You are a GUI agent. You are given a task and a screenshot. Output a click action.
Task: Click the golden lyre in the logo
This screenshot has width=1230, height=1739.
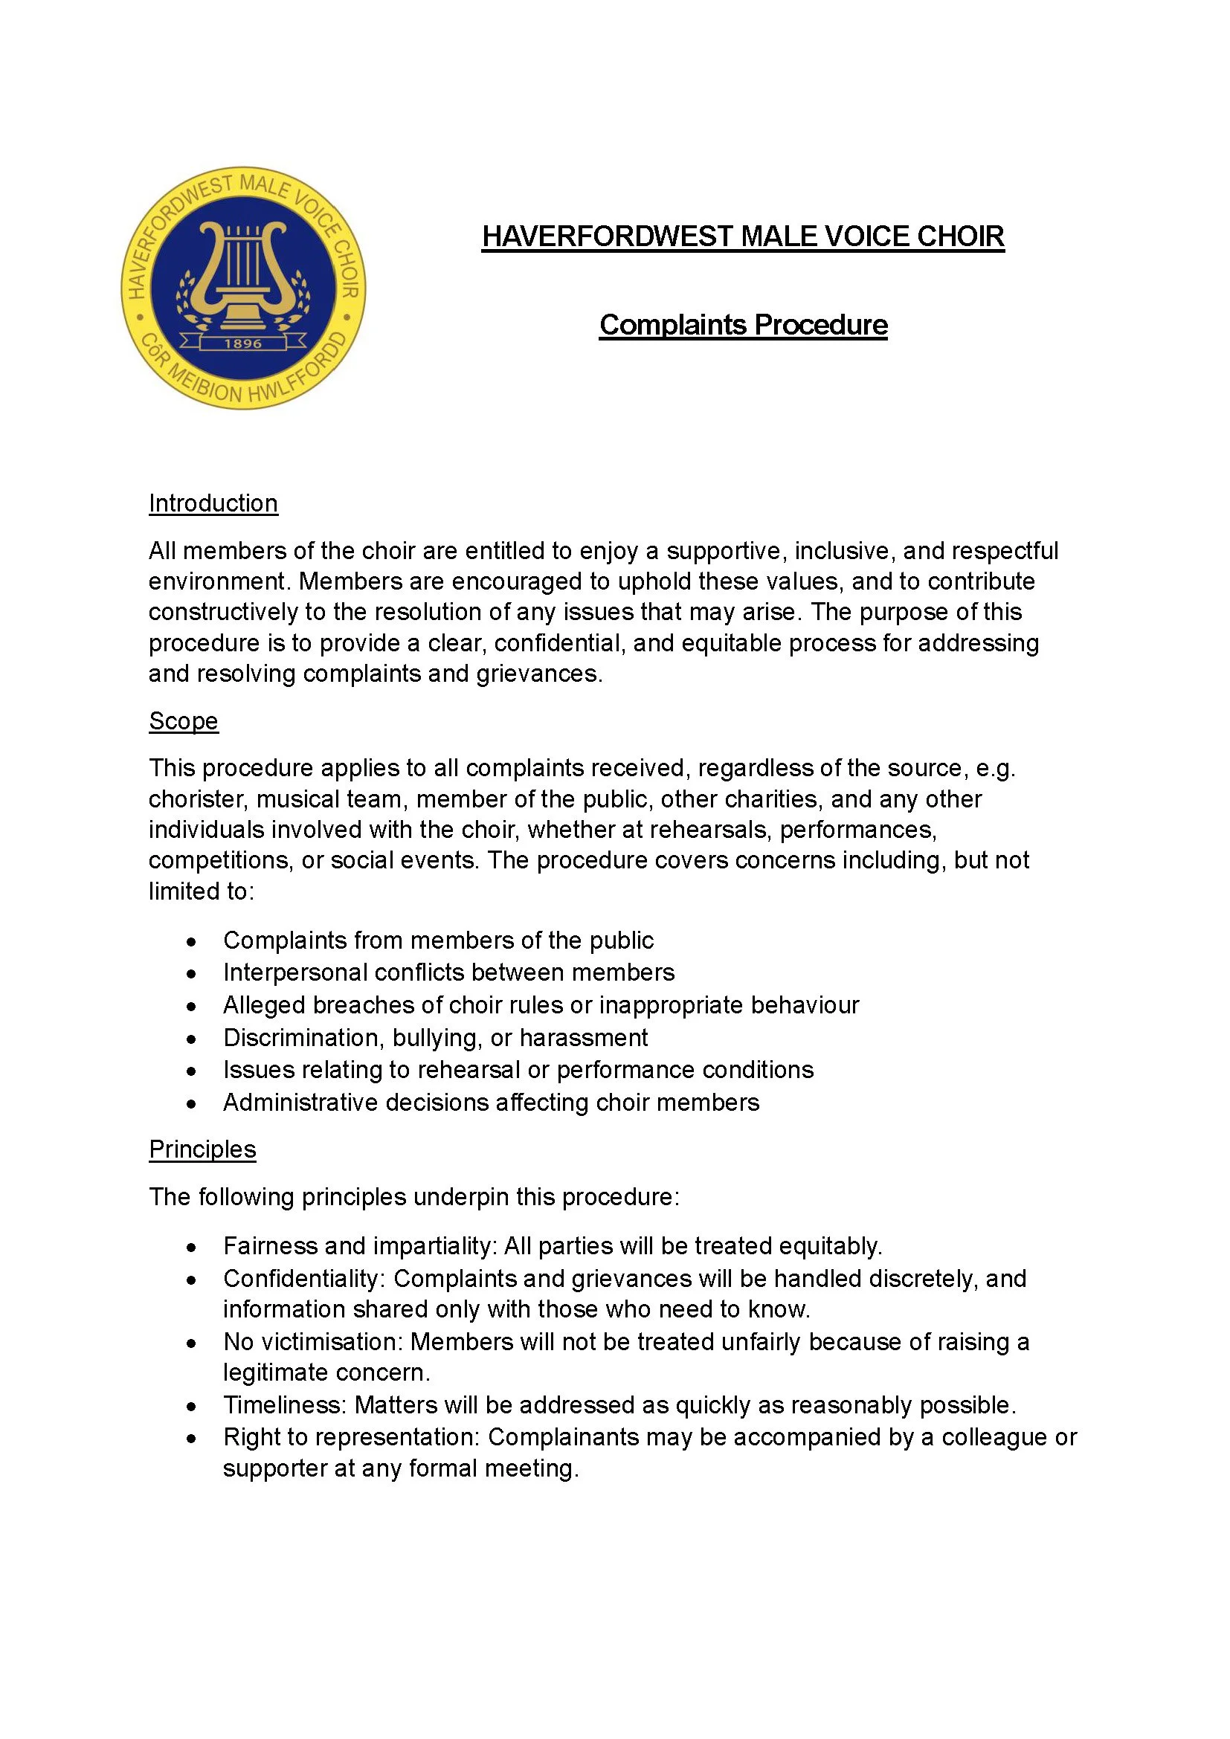[242, 273]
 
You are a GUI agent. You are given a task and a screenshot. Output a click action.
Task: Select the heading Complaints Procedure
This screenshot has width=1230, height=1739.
[742, 325]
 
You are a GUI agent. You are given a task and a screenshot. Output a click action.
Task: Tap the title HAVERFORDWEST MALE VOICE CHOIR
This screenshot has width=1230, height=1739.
[742, 236]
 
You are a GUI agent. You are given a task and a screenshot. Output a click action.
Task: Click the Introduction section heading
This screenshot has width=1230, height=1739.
[213, 503]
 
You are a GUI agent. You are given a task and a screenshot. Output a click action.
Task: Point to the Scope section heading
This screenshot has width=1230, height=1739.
[183, 721]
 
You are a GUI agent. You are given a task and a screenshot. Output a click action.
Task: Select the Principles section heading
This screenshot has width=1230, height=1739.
[202, 1149]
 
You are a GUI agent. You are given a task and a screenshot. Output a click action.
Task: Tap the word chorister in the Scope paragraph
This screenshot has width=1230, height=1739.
[196, 799]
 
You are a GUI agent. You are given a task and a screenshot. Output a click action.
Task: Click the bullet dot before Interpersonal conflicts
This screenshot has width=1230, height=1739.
[192, 974]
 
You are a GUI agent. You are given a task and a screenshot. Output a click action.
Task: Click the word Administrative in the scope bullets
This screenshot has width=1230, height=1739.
[300, 1103]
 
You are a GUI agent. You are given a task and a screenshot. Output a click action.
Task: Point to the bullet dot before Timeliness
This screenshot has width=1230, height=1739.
[192, 1407]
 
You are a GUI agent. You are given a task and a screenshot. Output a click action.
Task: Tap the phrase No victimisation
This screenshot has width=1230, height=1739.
[314, 1342]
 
